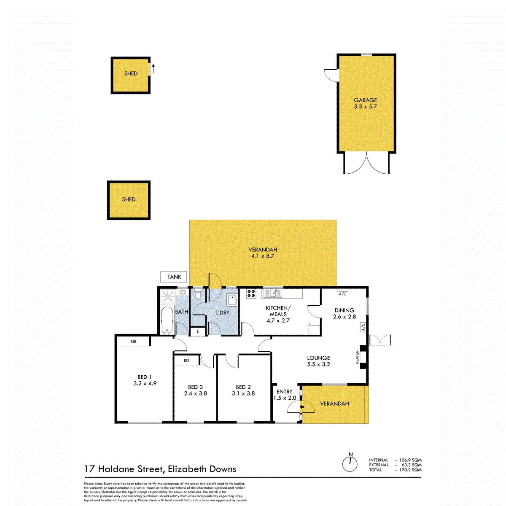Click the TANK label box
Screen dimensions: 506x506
click(173, 277)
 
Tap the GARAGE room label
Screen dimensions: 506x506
click(365, 100)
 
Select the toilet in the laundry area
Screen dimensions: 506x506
click(198, 294)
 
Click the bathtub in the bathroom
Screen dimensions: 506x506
click(167, 320)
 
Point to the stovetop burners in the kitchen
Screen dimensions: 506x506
click(251, 293)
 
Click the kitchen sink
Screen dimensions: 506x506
click(273, 293)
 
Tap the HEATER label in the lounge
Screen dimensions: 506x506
click(357, 357)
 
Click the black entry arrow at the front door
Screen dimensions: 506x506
click(302, 407)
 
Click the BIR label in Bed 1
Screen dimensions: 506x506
click(133, 342)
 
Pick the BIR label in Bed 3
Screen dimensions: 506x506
click(186, 361)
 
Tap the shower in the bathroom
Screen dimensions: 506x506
click(167, 297)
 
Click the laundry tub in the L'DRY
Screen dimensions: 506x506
click(233, 300)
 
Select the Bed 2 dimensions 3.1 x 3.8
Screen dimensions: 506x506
click(243, 393)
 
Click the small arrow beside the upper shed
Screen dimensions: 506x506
click(153, 69)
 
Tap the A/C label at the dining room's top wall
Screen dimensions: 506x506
click(342, 294)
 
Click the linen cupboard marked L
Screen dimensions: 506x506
click(197, 331)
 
